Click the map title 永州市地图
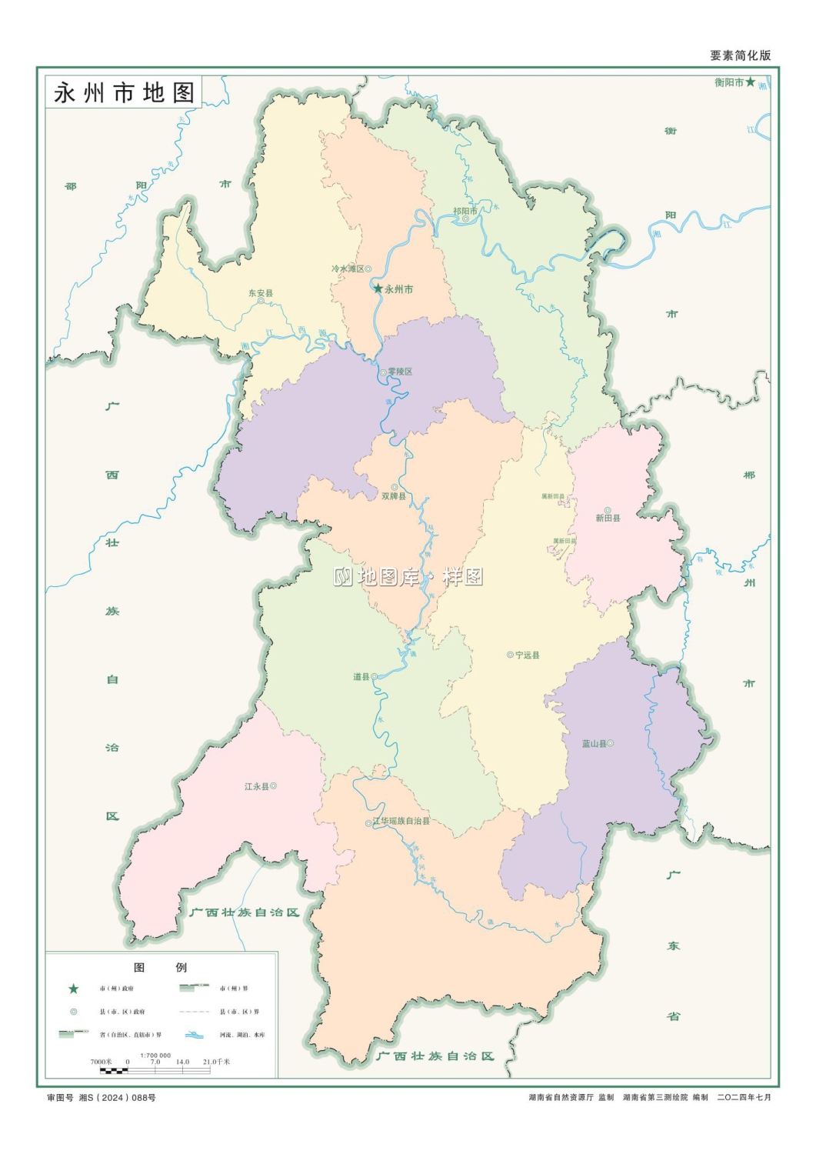click(x=124, y=93)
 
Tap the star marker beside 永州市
click(x=378, y=288)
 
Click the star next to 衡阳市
click(x=751, y=82)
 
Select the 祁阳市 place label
click(x=465, y=211)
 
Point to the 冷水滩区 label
click(x=348, y=268)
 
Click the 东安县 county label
click(x=261, y=293)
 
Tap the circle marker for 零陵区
click(x=383, y=372)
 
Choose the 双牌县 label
click(x=394, y=496)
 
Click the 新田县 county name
click(x=608, y=518)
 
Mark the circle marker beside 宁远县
click(x=510, y=655)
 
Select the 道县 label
click(x=361, y=677)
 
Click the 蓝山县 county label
click(x=594, y=744)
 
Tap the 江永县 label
click(x=257, y=786)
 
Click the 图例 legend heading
click(x=160, y=967)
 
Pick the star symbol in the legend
click(x=74, y=989)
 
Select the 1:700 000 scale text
click(x=155, y=1056)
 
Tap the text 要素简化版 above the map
click(x=740, y=55)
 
